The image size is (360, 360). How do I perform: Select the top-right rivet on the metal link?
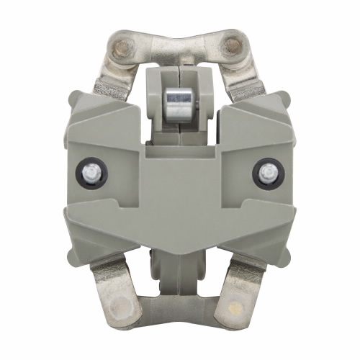click(x=232, y=48)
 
